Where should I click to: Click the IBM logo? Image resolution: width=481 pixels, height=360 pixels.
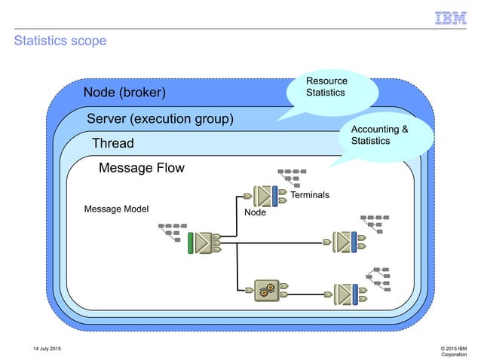[451, 17]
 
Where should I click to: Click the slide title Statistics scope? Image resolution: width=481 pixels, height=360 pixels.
[60, 41]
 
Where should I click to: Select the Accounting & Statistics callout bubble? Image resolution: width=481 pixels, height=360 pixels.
[385, 136]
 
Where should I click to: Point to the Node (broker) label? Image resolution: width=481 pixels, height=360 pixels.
[124, 93]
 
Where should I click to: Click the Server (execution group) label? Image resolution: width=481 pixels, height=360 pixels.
[160, 119]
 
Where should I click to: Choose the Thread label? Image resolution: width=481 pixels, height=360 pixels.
[112, 143]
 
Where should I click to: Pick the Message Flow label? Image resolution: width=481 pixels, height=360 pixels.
[141, 168]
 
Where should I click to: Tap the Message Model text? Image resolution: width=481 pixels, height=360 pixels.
[117, 208]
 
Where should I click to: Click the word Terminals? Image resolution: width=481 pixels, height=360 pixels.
[310, 196]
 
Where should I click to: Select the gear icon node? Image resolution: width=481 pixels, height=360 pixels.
[267, 289]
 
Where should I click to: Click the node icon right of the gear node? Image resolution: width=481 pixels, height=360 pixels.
[347, 292]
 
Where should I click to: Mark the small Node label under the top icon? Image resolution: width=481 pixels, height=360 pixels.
[256, 213]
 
